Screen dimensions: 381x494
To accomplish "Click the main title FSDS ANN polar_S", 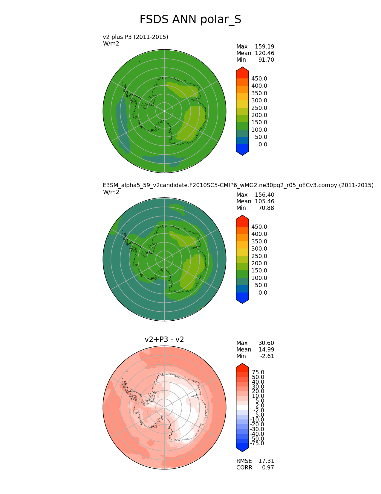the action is click(x=190, y=19).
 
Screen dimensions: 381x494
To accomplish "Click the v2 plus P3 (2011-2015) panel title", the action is click(x=135, y=37).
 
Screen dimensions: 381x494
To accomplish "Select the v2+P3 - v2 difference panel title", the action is click(x=164, y=339).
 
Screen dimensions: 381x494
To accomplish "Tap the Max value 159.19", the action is click(x=264, y=47).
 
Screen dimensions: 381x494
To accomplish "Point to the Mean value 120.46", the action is click(x=264, y=53).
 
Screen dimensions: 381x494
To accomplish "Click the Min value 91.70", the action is click(x=266, y=60).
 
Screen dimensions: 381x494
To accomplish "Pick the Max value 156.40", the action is click(x=264, y=195).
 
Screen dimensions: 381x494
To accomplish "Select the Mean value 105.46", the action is click(x=264, y=201).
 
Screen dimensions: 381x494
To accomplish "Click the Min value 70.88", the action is click(x=266, y=208).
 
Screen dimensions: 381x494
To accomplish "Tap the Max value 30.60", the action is click(x=266, y=343).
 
